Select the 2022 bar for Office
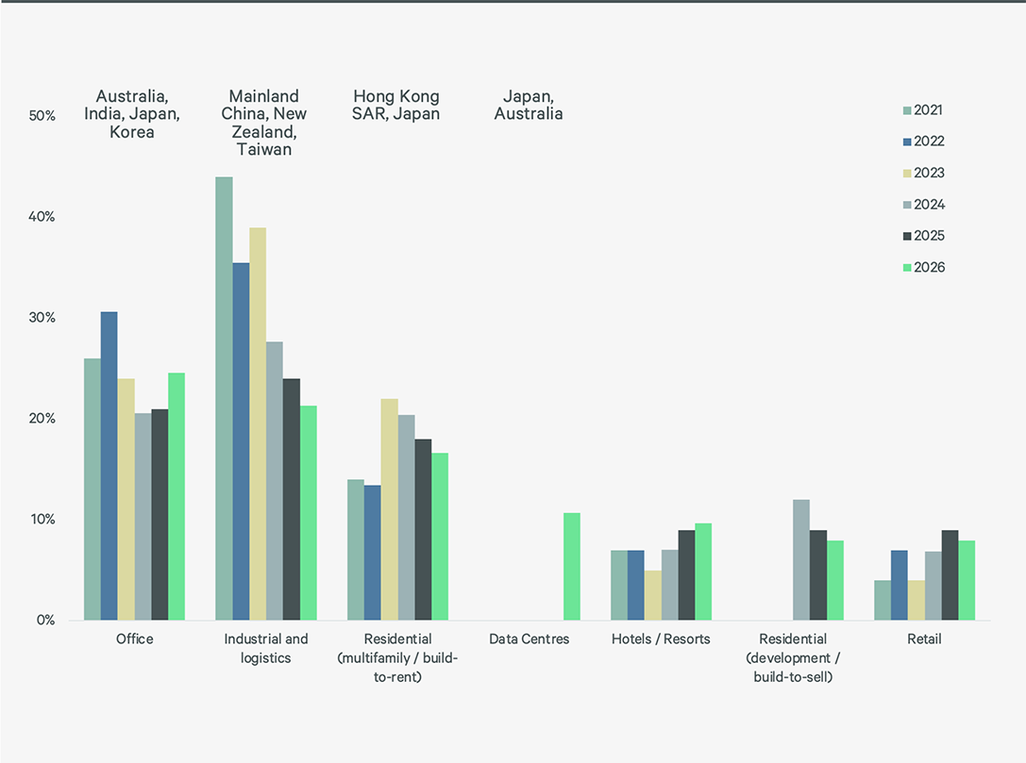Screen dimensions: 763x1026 [x=109, y=466]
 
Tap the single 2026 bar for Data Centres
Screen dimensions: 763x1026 [x=571, y=566]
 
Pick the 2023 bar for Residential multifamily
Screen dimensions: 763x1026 [x=390, y=509]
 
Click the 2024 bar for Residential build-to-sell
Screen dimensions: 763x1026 [x=800, y=559]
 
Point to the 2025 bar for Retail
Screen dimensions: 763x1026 [x=950, y=575]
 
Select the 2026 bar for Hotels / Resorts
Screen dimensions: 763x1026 [x=703, y=572]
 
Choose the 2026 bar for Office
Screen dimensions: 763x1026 [x=177, y=496]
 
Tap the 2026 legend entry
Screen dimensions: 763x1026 [x=929, y=268]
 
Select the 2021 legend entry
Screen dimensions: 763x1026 [x=929, y=110]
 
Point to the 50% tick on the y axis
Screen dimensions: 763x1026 [x=42, y=116]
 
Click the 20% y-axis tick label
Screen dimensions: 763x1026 [x=42, y=419]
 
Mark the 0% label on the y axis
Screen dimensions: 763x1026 [x=46, y=621]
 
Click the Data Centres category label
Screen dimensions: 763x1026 [x=530, y=639]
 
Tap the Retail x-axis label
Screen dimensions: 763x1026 [x=924, y=639]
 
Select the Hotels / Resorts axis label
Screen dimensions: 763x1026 [x=661, y=639]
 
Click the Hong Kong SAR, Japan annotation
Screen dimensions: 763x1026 [x=396, y=105]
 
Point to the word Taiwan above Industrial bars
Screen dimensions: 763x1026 [x=264, y=149]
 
